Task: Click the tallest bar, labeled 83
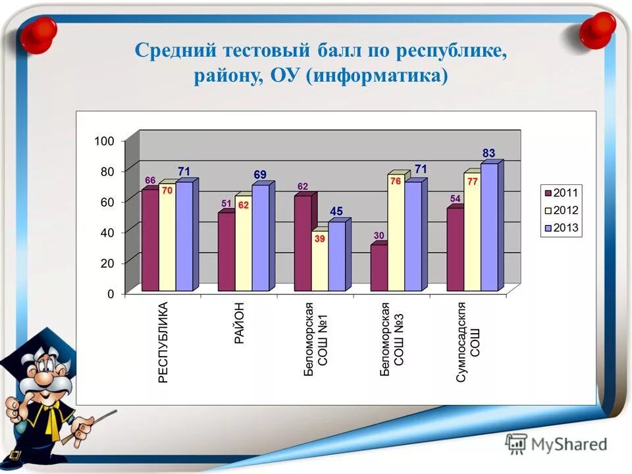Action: [x=489, y=226]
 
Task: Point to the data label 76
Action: [x=396, y=181]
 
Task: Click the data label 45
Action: [x=336, y=211]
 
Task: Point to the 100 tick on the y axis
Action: [x=104, y=141]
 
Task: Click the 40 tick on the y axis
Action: [x=107, y=232]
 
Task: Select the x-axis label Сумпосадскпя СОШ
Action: [x=468, y=342]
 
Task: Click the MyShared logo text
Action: [x=569, y=444]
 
